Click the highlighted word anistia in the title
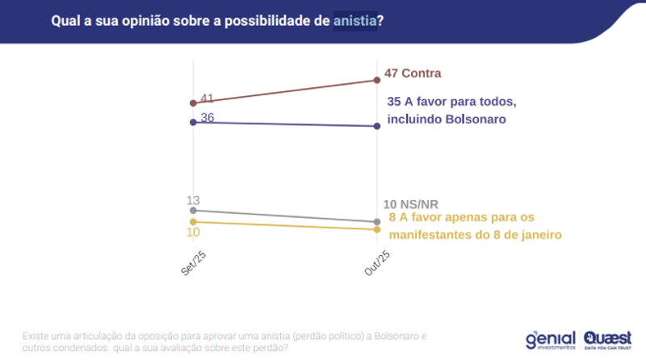[x=354, y=21]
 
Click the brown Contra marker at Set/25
[x=193, y=103]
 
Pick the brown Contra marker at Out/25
[x=377, y=80]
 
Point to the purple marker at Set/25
[x=193, y=123]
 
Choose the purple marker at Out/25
[x=377, y=126]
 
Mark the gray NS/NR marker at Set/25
[x=193, y=211]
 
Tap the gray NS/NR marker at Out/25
[x=377, y=222]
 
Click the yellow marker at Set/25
[x=193, y=221]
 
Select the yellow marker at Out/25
[x=377, y=229]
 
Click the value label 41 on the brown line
[x=207, y=98]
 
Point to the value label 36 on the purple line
[x=207, y=118]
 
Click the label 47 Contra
[x=412, y=73]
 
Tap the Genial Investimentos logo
[x=549, y=338]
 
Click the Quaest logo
[x=609, y=338]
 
